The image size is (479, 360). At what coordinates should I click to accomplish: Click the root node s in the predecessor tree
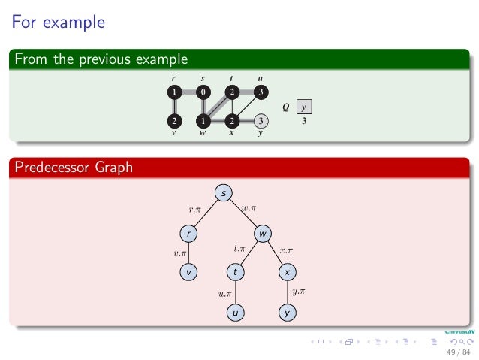coord(224,194)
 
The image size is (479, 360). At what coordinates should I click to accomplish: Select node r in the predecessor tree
coord(190,234)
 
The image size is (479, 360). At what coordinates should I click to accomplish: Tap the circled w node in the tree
coord(262,234)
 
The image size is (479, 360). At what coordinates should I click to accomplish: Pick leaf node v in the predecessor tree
coord(190,273)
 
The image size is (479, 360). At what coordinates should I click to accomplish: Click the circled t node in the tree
coord(235,273)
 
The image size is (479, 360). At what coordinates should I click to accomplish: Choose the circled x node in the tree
coord(286,273)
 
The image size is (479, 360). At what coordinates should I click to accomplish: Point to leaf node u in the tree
coord(235,311)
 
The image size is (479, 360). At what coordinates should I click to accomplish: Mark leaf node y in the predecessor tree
coord(286,311)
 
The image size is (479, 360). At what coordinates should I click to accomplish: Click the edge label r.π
coord(194,210)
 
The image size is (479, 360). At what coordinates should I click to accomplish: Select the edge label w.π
coord(249,207)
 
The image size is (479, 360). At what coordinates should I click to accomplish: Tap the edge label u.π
coord(224,293)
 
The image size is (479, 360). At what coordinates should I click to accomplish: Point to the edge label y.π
coord(298,290)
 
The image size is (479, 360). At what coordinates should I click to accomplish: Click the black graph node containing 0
coord(203,92)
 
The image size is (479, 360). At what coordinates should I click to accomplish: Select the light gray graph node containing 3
coord(261,120)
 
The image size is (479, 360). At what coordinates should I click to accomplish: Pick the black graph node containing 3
coord(261,92)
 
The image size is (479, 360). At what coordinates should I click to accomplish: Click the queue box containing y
coord(304,107)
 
